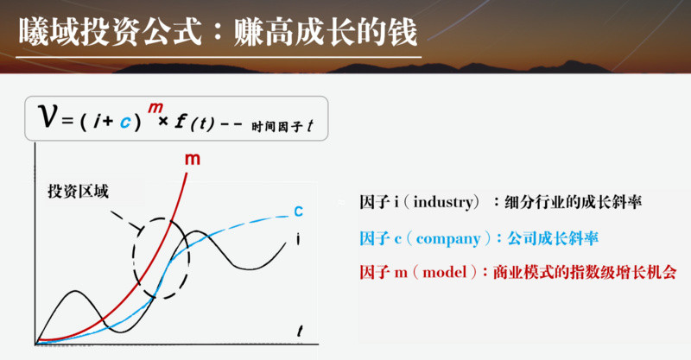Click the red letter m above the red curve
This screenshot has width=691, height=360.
tap(193, 160)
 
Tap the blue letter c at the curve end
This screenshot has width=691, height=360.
tap(298, 212)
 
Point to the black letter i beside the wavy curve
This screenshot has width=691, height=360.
tap(298, 239)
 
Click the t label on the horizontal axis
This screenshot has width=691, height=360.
tap(300, 331)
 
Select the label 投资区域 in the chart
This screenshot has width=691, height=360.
tap(78, 192)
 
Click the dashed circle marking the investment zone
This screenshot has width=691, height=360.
tap(134, 258)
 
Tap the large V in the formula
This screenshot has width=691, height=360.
tap(48, 117)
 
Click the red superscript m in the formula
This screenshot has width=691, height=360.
tap(155, 108)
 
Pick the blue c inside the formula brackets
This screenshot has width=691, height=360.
tap(125, 122)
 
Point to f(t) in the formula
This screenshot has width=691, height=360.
tap(194, 123)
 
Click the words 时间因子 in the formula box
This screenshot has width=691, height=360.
tap(277, 127)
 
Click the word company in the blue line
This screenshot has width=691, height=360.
tap(448, 239)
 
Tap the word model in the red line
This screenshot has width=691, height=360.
tap(444, 272)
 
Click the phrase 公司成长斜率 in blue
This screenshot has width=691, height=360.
tap(553, 238)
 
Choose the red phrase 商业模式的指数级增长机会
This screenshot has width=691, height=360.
tap(585, 272)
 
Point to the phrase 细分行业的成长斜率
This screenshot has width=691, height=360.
tap(573, 202)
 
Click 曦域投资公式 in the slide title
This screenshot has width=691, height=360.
tap(111, 32)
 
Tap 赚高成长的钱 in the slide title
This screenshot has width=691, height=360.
tap(326, 32)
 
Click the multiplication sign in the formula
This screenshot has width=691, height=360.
tap(163, 121)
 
